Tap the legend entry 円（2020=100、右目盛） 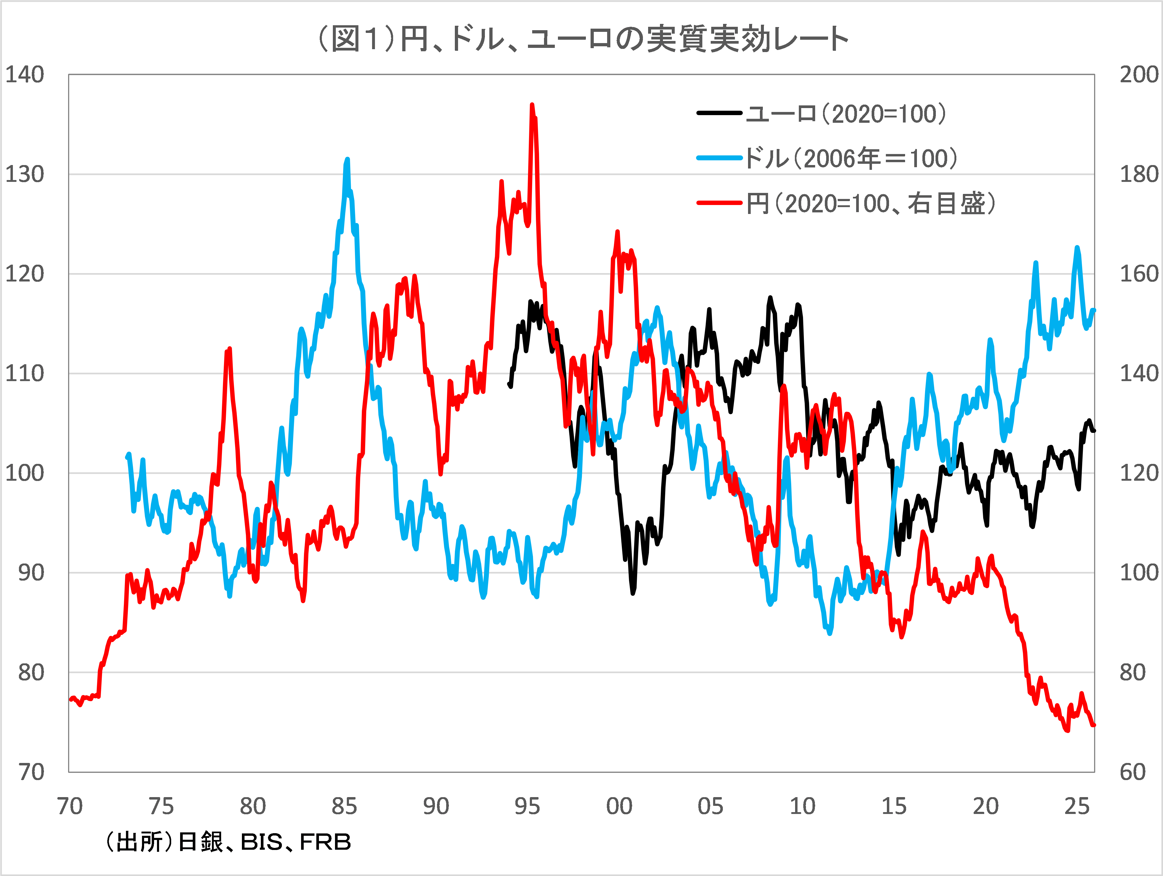point(870,203)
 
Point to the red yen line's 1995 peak point(532,105)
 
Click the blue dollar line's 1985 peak point(347,159)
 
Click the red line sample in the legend point(719,203)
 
